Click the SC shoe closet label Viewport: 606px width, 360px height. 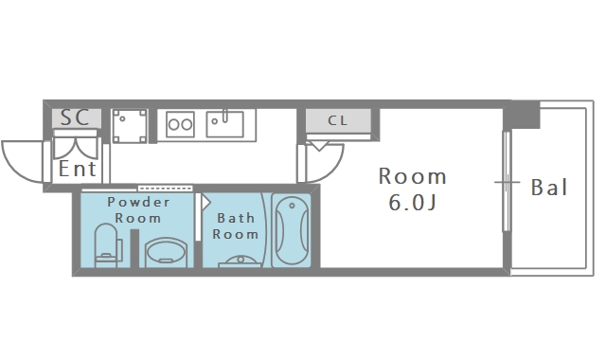(75, 117)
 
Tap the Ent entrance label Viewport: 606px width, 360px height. (78, 169)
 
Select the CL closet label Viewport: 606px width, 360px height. (338, 120)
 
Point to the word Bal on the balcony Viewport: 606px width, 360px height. (549, 188)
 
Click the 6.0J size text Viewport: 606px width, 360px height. (412, 202)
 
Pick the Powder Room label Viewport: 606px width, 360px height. (138, 210)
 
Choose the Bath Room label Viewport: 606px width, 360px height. (236, 226)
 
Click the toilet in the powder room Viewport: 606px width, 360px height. (108, 245)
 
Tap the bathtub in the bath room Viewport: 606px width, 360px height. (292, 230)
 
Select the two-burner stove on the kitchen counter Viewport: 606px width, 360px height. (180, 124)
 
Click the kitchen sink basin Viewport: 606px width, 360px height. (225, 124)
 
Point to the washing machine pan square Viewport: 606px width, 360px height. (130, 126)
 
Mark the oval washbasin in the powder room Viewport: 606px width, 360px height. (167, 253)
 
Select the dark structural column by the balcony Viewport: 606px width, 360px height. (522, 115)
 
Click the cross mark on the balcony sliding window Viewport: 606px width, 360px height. (508, 182)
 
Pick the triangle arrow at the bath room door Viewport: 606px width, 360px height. (205, 202)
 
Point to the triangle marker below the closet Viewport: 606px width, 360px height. (319, 146)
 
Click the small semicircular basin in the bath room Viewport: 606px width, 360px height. (241, 261)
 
